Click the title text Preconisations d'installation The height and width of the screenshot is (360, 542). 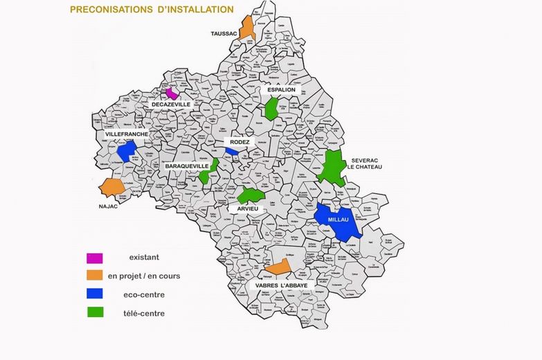[152, 10]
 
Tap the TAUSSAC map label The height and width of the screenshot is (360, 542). [224, 33]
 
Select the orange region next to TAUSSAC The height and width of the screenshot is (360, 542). [247, 28]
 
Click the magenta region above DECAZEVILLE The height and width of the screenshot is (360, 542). [172, 93]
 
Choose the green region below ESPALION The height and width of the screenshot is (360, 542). [271, 108]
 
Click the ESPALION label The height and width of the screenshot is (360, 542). [282, 90]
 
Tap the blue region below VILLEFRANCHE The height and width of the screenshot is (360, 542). [126, 150]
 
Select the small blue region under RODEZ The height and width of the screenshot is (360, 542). [232, 151]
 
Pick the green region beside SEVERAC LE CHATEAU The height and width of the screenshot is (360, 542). [333, 166]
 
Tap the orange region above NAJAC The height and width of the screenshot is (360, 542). [111, 187]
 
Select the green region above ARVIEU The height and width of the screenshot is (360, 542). [250, 195]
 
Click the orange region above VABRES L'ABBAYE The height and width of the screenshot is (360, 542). [278, 267]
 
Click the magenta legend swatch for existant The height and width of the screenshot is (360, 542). [95, 258]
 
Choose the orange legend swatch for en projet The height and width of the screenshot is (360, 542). [95, 276]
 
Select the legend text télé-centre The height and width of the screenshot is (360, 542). [144, 313]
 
